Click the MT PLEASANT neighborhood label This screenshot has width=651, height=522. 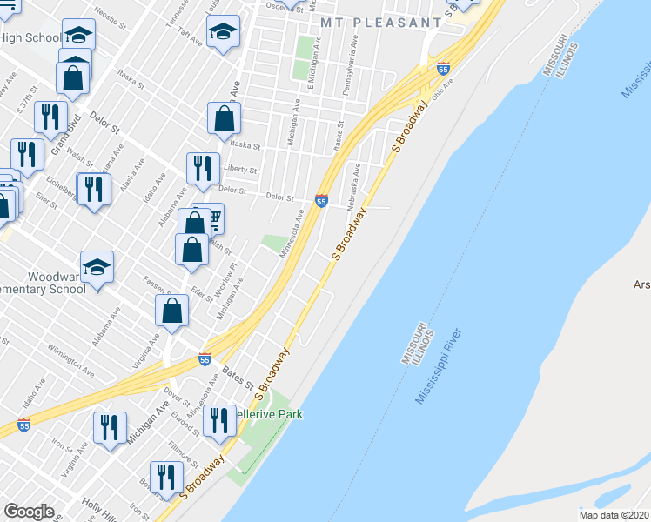click(380, 21)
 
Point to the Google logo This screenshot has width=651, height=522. click(29, 512)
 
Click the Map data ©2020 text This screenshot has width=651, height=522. click(614, 515)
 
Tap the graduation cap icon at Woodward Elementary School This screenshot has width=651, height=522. click(97, 264)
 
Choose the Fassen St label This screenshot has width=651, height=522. click(158, 284)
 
